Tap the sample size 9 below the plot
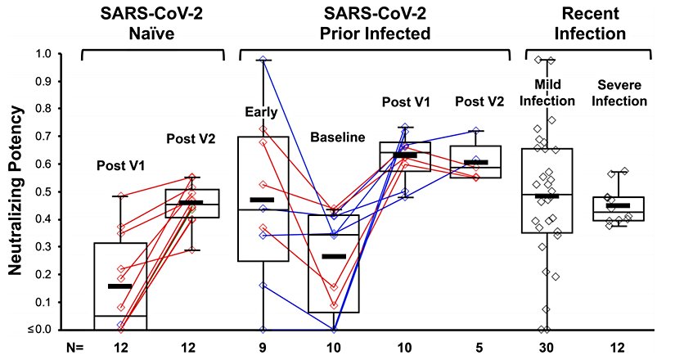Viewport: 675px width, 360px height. (x=263, y=348)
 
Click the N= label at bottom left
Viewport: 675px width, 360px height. (x=75, y=348)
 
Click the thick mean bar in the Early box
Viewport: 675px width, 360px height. (x=262, y=200)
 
